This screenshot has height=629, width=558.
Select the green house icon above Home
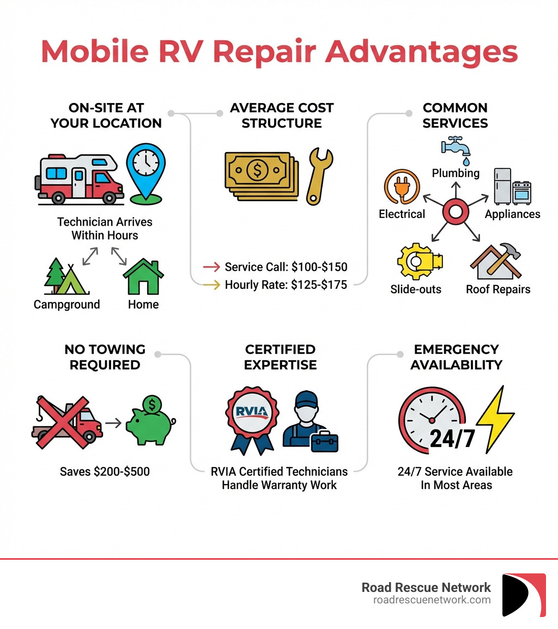[143, 277]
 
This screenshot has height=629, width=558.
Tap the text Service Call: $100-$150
[286, 267]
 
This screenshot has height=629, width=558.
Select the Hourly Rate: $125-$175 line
[286, 285]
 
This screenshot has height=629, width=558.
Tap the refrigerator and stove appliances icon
[512, 186]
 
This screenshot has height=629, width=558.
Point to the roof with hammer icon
[496, 262]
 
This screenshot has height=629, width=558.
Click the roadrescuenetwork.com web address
[432, 600]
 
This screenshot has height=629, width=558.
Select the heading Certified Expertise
[280, 357]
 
